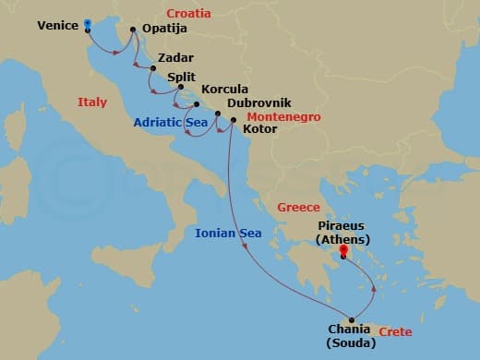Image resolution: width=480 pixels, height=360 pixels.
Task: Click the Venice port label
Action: coord(58,26)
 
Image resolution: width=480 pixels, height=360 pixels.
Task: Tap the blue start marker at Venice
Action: coord(87,23)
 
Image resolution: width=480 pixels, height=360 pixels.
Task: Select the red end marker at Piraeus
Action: coord(342,249)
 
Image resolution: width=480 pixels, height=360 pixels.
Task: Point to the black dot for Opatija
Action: coord(134,30)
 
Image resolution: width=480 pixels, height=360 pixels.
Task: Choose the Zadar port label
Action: coord(176,56)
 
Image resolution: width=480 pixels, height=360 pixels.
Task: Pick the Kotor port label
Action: coord(259,129)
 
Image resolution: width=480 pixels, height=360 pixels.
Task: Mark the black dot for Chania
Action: coord(351,320)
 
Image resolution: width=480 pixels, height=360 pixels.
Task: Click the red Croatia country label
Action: coord(188,14)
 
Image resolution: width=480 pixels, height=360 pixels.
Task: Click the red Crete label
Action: coord(395,331)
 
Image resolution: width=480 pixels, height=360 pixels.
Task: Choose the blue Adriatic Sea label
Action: coord(170,121)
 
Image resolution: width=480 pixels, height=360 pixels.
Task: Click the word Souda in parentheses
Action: coord(352,344)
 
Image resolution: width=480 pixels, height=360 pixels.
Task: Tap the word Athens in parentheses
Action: coord(342,240)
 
